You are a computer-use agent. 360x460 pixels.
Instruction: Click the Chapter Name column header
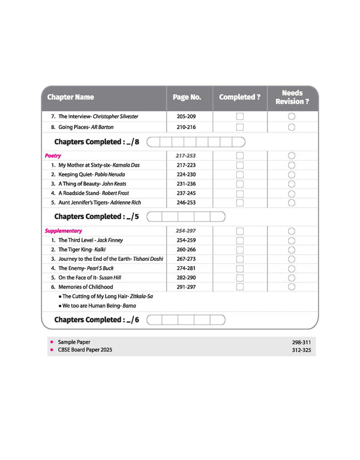point(71,97)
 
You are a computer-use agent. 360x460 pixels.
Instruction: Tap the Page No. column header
point(187,97)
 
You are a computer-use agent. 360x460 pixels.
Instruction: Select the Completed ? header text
point(239,97)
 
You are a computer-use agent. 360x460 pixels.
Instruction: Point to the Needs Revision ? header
point(292,97)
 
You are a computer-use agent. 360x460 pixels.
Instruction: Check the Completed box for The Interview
point(239,117)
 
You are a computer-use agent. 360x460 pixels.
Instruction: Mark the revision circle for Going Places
point(292,127)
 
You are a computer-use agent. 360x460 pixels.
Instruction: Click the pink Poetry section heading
point(53,156)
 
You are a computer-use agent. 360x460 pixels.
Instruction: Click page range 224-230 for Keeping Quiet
point(186,175)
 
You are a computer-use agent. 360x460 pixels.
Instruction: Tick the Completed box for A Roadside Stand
point(239,194)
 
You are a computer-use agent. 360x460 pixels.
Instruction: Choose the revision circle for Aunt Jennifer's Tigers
point(292,203)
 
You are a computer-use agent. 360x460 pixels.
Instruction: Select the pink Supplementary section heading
point(63,231)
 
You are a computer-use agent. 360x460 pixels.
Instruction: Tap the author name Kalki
point(100,249)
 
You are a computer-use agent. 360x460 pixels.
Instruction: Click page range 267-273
point(186,259)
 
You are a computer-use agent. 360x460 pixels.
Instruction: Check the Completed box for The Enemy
point(239,269)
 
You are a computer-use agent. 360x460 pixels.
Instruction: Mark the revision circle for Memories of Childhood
point(292,287)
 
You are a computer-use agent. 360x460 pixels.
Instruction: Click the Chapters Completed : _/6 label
point(97,320)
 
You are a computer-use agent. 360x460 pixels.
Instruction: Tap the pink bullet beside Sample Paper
point(52,341)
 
